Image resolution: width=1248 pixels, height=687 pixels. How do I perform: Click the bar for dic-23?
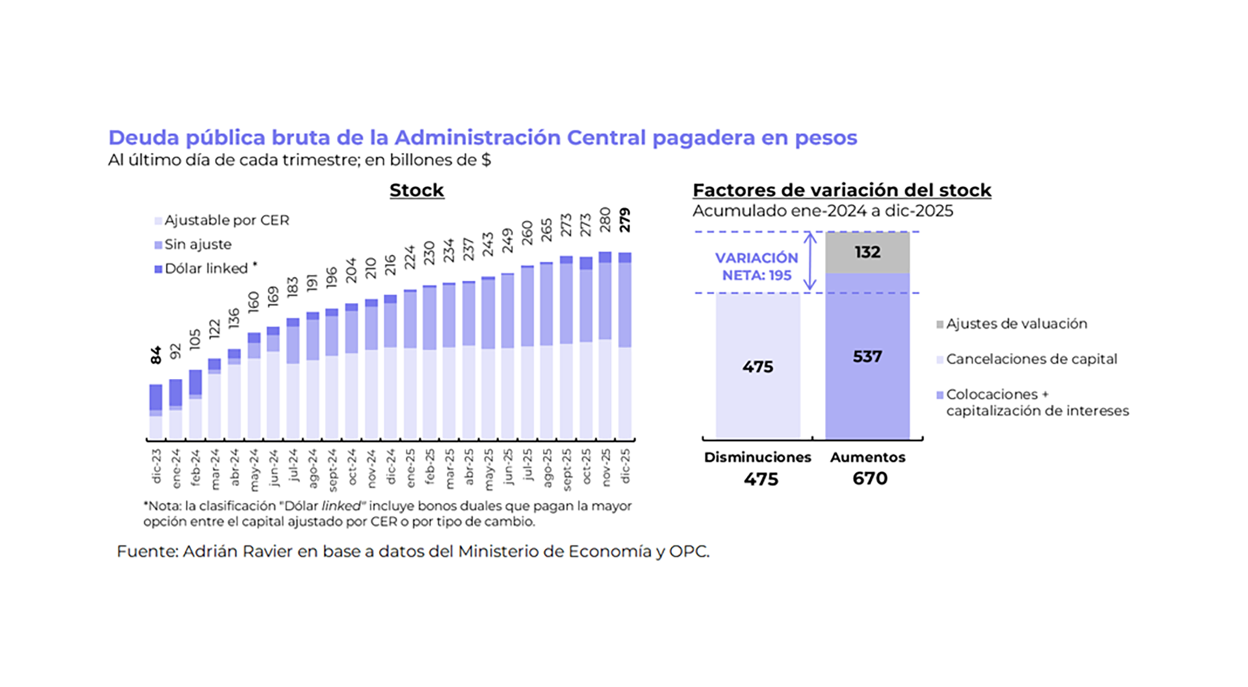(x=156, y=411)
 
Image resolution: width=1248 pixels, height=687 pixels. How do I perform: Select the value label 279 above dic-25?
(x=625, y=220)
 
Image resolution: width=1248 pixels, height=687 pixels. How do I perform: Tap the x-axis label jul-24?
(x=293, y=465)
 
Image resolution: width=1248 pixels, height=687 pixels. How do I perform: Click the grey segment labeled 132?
(x=867, y=252)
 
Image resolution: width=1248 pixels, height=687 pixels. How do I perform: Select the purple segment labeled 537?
(x=867, y=356)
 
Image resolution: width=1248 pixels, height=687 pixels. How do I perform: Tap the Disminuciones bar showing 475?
(x=758, y=367)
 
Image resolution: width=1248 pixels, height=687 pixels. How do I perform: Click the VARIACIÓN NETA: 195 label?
(x=757, y=266)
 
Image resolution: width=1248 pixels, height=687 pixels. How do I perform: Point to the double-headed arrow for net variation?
(x=810, y=262)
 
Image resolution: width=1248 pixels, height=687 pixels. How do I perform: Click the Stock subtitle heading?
(x=417, y=190)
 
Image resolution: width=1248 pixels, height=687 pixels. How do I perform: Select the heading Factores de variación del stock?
(x=842, y=190)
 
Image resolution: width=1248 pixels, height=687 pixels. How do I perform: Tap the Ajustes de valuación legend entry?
(x=1016, y=324)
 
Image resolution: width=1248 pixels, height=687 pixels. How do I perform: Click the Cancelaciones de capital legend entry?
(x=1031, y=359)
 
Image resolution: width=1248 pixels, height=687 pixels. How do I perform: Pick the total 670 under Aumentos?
(x=870, y=478)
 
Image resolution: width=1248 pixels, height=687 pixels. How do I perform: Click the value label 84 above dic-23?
(x=156, y=355)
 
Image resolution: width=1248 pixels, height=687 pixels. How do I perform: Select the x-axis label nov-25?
(x=606, y=467)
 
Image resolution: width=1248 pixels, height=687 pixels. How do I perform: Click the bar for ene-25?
(x=410, y=364)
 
